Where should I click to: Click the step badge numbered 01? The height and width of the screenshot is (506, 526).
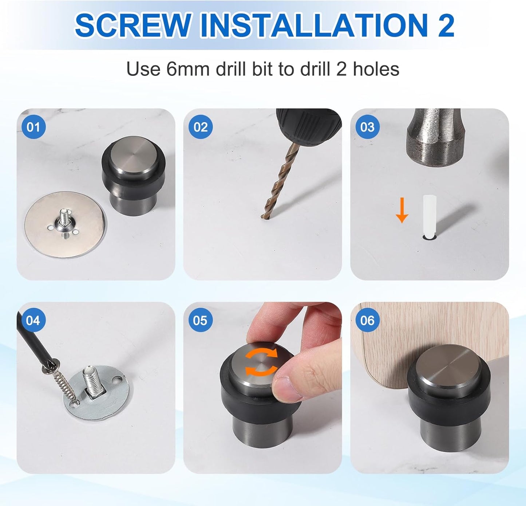(x=33, y=127)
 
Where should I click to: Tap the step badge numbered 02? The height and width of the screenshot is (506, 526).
(x=201, y=127)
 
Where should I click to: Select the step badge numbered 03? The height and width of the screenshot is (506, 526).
(x=367, y=127)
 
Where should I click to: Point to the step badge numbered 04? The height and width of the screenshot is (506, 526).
(x=33, y=321)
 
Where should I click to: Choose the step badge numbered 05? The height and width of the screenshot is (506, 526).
(x=201, y=321)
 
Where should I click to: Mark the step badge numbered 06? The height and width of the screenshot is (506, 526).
(x=367, y=321)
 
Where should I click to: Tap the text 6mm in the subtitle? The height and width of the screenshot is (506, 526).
(x=188, y=69)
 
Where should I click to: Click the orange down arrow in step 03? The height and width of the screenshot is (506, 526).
(x=402, y=210)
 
